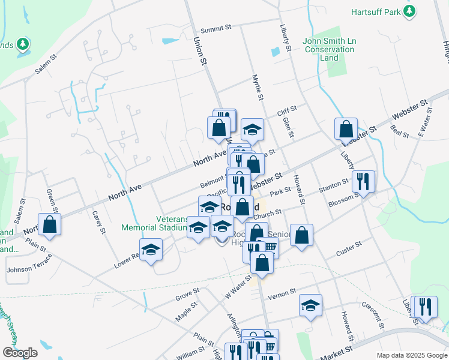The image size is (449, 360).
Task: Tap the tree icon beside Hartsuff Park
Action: pos(410,11)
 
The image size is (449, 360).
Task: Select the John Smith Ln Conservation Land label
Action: pos(329,49)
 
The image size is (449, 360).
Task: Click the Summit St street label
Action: pos(216,29)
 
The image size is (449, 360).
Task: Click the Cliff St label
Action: pos(287,111)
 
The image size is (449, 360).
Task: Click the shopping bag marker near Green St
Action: pos(50,225)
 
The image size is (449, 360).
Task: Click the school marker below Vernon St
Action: pos(310,306)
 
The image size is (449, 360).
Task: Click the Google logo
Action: pos(20,353)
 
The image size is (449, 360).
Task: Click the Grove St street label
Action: pos(187,293)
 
